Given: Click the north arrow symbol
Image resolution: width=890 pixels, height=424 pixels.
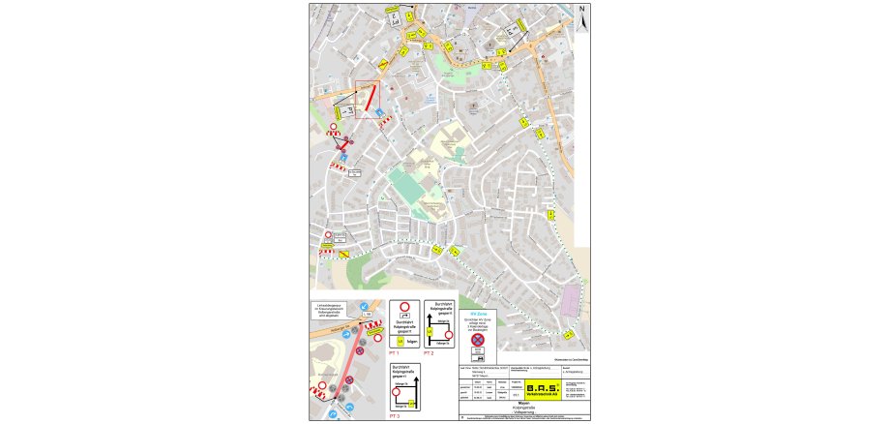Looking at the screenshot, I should point(582,17).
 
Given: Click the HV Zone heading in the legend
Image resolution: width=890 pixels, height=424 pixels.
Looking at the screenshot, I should point(478,314).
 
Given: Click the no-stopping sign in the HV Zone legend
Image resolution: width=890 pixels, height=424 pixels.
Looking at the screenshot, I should point(477,339).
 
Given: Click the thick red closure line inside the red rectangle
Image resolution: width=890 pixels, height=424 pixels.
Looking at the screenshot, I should point(370,99).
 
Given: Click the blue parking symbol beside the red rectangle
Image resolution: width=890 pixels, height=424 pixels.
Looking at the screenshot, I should point(378,112).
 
